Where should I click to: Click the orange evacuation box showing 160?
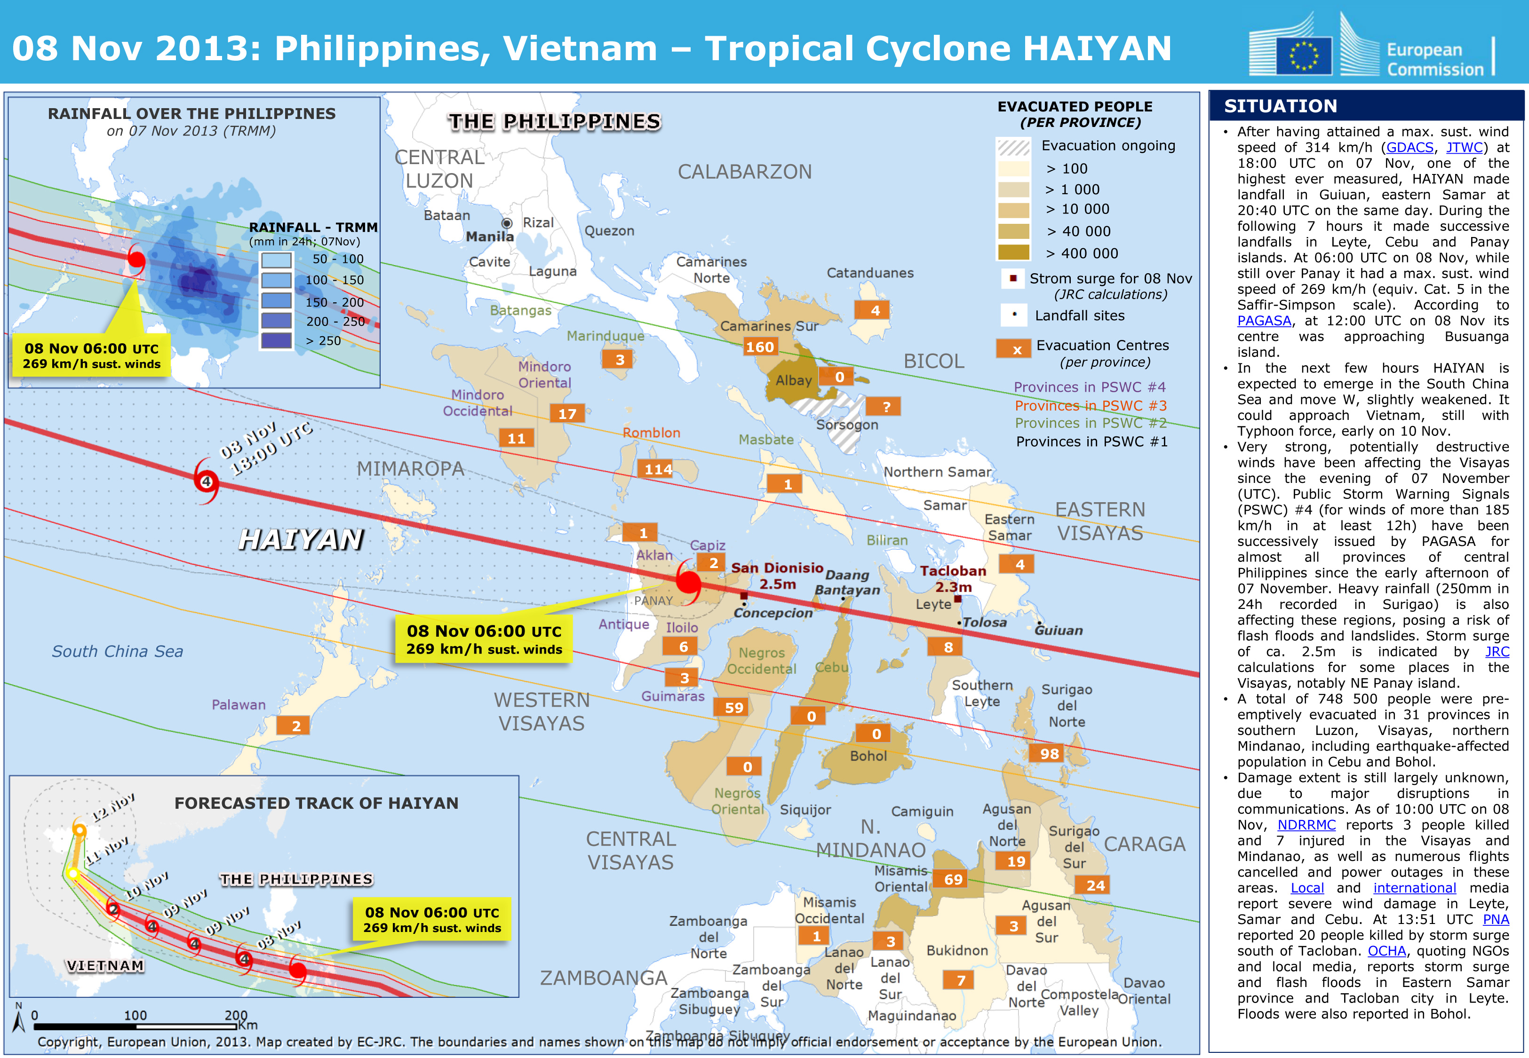tap(759, 347)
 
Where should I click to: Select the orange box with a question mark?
tap(886, 406)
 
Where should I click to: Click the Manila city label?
tap(489, 237)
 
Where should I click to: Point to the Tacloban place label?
tap(953, 571)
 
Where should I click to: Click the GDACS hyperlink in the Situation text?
tap(1410, 148)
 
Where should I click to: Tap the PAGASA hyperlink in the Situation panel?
tap(1264, 321)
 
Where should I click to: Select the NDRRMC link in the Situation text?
tap(1306, 825)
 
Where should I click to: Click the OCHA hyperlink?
tap(1386, 951)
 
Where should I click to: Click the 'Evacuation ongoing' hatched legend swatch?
tap(1013, 147)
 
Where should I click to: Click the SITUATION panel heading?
tap(1280, 106)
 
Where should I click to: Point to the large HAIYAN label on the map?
tap(301, 539)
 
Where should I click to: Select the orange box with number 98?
tap(1049, 754)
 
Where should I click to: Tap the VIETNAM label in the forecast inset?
tap(105, 966)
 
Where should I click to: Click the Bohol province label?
tap(868, 757)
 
